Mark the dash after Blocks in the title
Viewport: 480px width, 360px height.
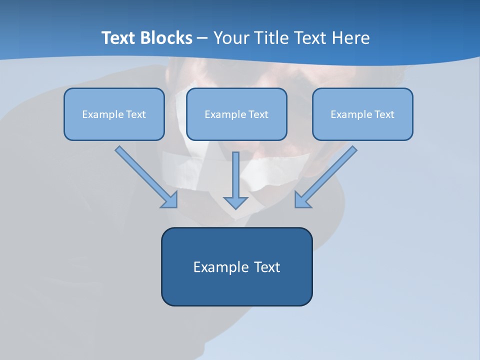(202, 38)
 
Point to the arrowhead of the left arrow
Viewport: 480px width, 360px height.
(170, 200)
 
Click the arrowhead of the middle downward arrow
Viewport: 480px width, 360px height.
(235, 202)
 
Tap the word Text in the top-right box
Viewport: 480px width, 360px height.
(384, 114)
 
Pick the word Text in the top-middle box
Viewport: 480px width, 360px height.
(258, 114)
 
